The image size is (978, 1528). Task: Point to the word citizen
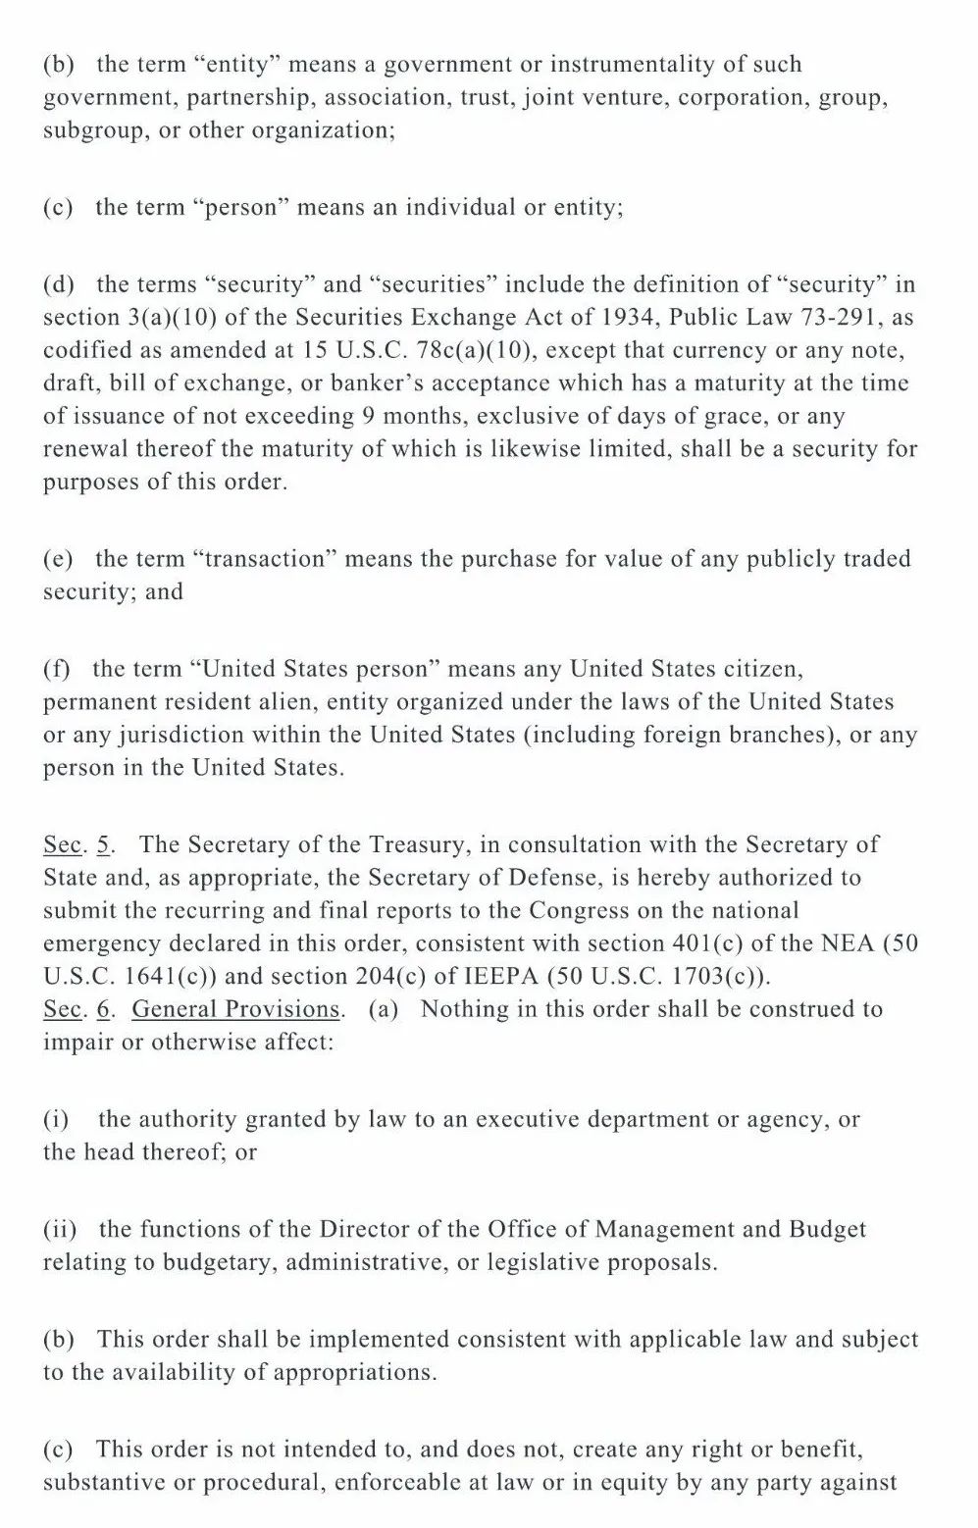coord(762,670)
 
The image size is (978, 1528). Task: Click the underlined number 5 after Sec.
coord(105,845)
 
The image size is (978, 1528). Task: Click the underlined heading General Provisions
coord(236,1010)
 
